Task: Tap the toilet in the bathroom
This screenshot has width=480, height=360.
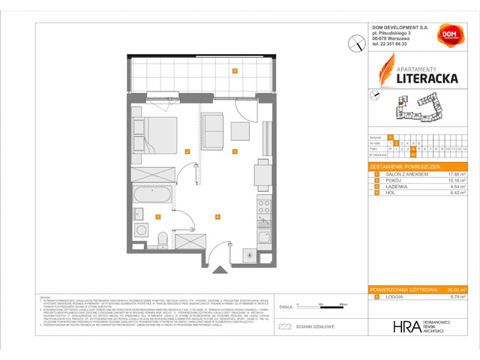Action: (x=163, y=238)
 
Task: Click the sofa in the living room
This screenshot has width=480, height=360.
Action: (x=214, y=127)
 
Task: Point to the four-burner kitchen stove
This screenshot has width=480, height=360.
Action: (x=263, y=203)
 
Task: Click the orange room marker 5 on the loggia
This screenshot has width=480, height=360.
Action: (x=235, y=72)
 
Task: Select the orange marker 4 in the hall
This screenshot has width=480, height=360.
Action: (x=217, y=217)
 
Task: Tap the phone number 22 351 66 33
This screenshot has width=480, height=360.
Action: (x=395, y=44)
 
